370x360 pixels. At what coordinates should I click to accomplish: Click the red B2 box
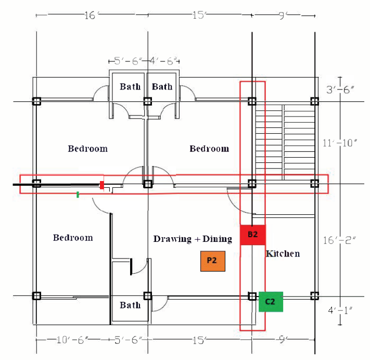[253, 235]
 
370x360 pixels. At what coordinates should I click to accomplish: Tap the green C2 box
[271, 301]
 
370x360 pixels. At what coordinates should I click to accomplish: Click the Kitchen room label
[283, 254]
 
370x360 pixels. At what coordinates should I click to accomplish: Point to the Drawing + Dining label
[193, 239]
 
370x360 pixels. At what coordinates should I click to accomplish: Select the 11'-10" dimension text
[341, 143]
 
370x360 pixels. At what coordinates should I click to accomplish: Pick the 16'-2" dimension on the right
[341, 240]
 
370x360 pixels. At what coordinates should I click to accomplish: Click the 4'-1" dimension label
[341, 311]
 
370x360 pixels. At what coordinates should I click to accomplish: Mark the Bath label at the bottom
[130, 305]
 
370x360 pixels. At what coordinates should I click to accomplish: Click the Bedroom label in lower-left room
[73, 238]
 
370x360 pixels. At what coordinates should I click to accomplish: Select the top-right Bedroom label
[209, 149]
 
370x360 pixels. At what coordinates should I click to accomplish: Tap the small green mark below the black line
[78, 195]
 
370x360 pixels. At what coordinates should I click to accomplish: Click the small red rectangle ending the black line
[102, 185]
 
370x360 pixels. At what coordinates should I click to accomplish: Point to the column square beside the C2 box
[252, 296]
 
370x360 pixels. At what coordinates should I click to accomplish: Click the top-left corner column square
[36, 101]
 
